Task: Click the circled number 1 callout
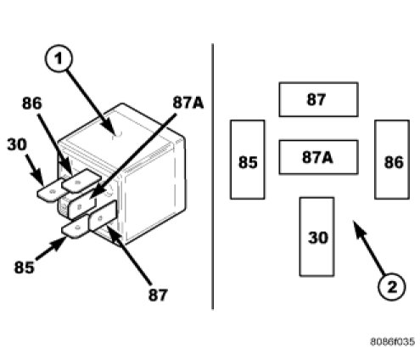pyautogui.click(x=59, y=59)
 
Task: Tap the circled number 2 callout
pyautogui.click(x=392, y=287)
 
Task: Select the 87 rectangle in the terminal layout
pyautogui.click(x=318, y=99)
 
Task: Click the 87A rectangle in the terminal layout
pyautogui.click(x=318, y=157)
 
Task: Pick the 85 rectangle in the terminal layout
pyautogui.click(x=248, y=160)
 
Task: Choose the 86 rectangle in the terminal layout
pyautogui.click(x=392, y=160)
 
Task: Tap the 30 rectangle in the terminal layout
pyautogui.click(x=316, y=237)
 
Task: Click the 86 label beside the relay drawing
pyautogui.click(x=32, y=103)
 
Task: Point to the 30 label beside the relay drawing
pyautogui.click(x=17, y=144)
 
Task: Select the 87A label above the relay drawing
pyautogui.click(x=188, y=103)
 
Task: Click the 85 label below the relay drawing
pyautogui.click(x=25, y=267)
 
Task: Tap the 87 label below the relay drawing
pyautogui.click(x=158, y=295)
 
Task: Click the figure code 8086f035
pyautogui.click(x=393, y=341)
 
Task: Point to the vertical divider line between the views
pyautogui.click(x=213, y=177)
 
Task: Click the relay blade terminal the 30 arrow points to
pyautogui.click(x=51, y=190)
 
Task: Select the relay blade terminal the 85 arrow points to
pyautogui.click(x=76, y=227)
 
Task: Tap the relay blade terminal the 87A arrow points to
pyautogui.click(x=82, y=206)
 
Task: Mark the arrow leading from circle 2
pyautogui.click(x=368, y=247)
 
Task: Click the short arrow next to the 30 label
pyautogui.click(x=35, y=169)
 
